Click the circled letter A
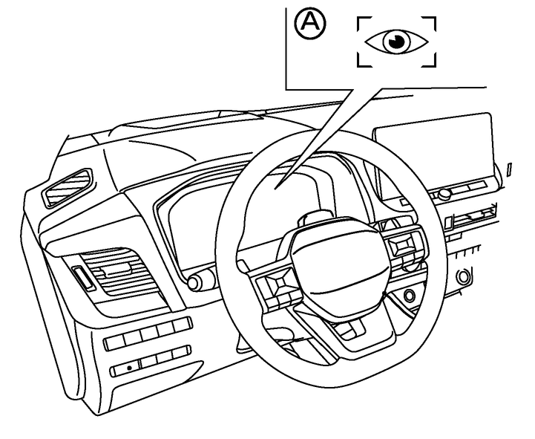(x=310, y=24)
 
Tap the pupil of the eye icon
(x=397, y=42)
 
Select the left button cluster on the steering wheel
(x=277, y=286)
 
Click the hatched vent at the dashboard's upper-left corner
(x=68, y=186)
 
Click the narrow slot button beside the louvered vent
(x=83, y=278)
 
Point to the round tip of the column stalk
(x=194, y=283)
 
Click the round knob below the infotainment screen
(x=444, y=195)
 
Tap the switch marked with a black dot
(x=125, y=368)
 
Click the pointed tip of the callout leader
(x=276, y=188)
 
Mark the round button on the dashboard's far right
(x=463, y=276)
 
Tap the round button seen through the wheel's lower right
(x=409, y=294)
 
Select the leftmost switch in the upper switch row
(x=114, y=342)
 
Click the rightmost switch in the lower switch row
(x=182, y=353)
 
